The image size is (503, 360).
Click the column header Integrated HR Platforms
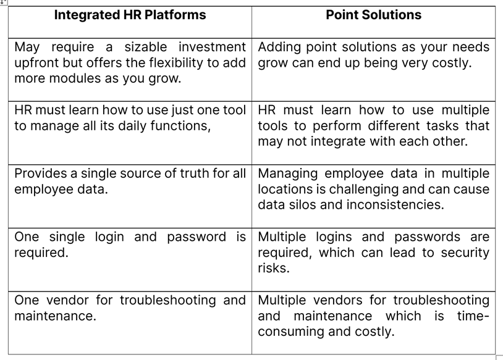coord(130,15)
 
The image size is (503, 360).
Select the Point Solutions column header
coord(374,15)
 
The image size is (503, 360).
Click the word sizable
coord(146,47)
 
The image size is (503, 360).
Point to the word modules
coord(75,78)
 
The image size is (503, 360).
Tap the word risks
coord(274,268)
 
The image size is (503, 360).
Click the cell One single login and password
coord(130,260)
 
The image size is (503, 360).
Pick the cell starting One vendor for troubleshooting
coord(130,323)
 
